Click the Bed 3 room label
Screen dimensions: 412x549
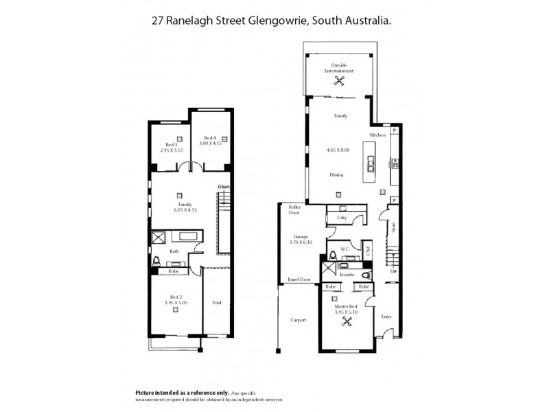(x=172, y=146)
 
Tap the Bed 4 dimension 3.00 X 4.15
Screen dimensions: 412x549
(x=212, y=143)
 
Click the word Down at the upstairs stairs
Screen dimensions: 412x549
(x=223, y=187)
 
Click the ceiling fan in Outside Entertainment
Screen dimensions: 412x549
(x=339, y=81)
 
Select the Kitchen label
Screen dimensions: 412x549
(x=379, y=135)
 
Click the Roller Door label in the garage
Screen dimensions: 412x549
(x=296, y=209)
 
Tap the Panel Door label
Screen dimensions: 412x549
(x=300, y=279)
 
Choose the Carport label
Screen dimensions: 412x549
(x=298, y=320)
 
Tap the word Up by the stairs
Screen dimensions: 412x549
(x=393, y=270)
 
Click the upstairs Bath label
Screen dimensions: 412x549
(x=174, y=251)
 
